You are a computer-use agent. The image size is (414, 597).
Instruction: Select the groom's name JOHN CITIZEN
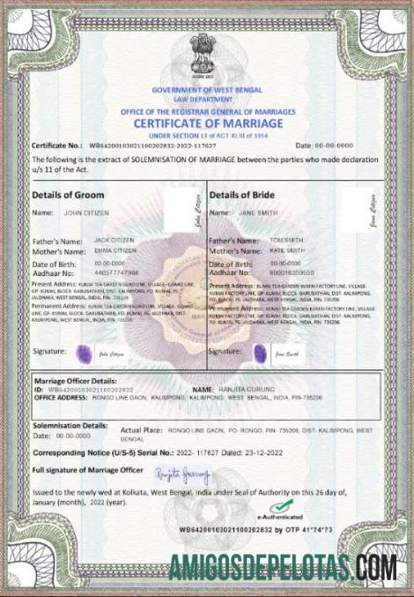click(86, 213)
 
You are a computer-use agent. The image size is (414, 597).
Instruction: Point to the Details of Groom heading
click(68, 195)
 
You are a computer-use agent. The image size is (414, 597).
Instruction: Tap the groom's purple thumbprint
click(85, 354)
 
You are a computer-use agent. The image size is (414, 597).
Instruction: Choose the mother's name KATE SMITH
click(286, 250)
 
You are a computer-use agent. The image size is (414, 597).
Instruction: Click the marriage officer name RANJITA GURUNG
click(248, 389)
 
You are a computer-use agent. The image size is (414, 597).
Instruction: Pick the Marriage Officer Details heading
click(75, 379)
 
